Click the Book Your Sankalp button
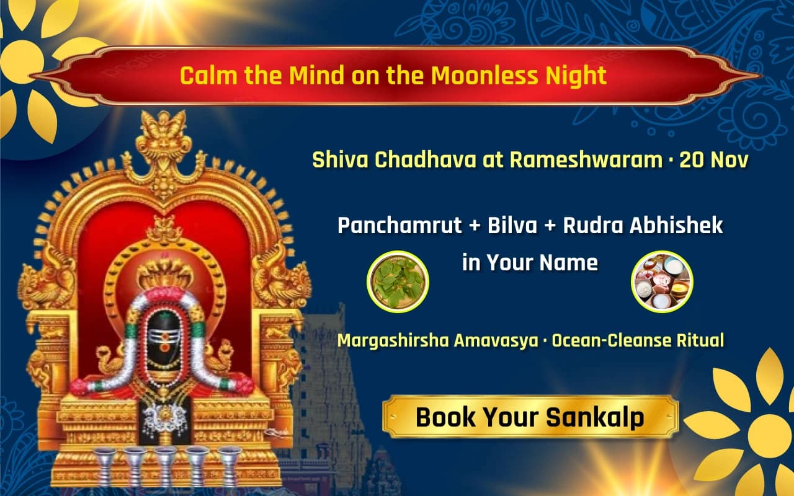530,417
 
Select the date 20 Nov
713,160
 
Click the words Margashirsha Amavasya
438,340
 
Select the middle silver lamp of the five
165,465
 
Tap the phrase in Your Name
530,262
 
